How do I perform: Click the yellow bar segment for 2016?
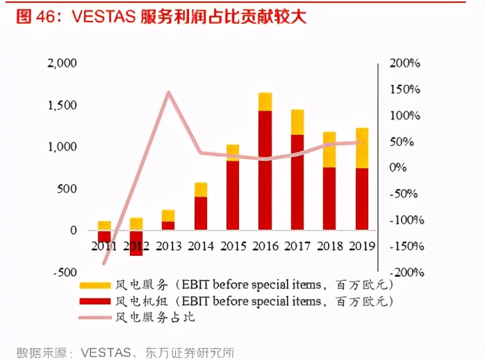(x=265, y=101)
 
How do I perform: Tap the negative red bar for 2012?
(x=136, y=243)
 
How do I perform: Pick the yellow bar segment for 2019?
(x=362, y=148)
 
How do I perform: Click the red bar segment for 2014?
(x=201, y=213)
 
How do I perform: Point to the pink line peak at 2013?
(x=169, y=92)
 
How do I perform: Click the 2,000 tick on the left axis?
(x=62, y=63)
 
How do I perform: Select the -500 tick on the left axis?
(x=64, y=272)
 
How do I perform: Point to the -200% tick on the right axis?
(x=404, y=272)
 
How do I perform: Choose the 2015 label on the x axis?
(x=233, y=246)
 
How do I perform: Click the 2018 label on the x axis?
(x=329, y=246)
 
